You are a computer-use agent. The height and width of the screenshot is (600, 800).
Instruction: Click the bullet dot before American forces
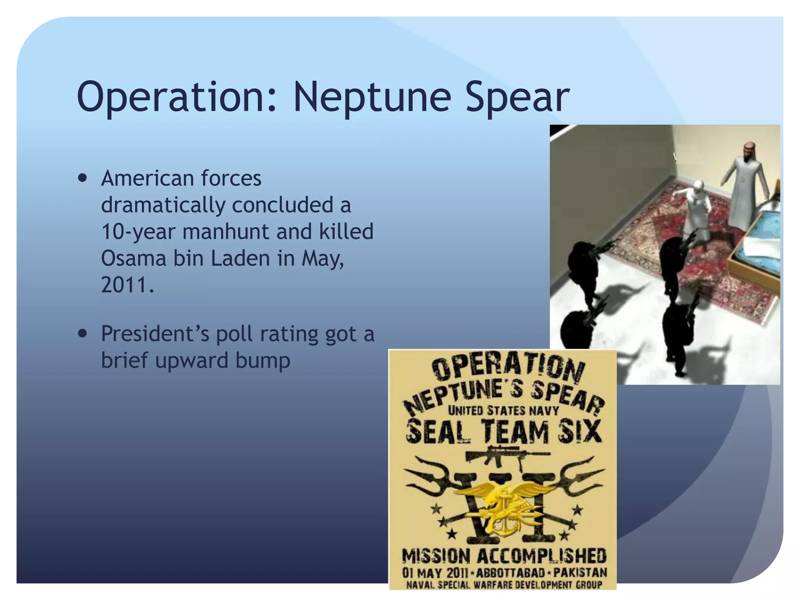tap(82, 179)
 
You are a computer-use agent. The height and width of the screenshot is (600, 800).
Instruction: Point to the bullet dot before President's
tap(82, 334)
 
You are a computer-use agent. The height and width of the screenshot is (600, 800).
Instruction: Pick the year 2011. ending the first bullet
tap(127, 285)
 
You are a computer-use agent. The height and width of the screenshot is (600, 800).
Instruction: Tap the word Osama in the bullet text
tap(133, 258)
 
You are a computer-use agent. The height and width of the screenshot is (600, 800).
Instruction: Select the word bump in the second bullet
tap(262, 360)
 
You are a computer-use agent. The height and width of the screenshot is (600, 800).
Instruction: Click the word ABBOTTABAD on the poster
tap(510, 573)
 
